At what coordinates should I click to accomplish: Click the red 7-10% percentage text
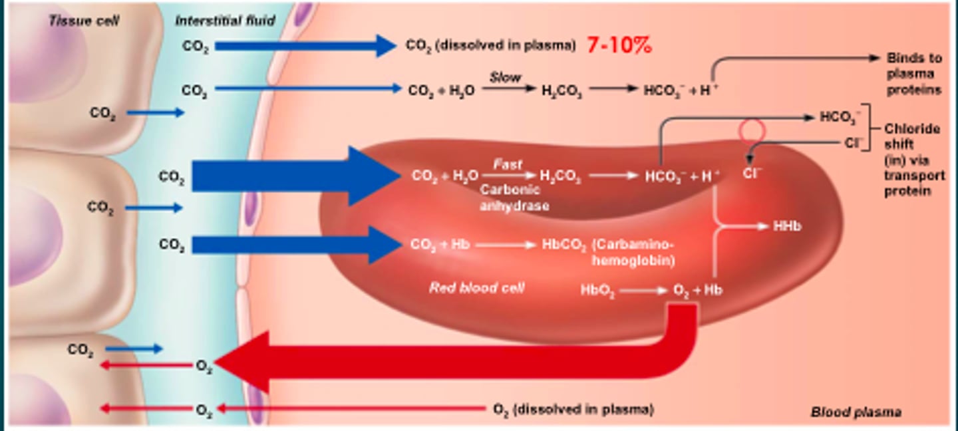click(x=619, y=45)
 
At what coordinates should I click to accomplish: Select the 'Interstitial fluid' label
click(x=225, y=21)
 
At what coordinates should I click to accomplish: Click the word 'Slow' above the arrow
click(x=505, y=77)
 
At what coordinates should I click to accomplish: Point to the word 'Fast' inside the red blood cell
click(x=508, y=164)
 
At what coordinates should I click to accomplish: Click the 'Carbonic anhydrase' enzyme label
click(x=514, y=198)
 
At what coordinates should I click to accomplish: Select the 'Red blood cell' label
click(x=476, y=287)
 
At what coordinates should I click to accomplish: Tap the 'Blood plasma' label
click(x=856, y=412)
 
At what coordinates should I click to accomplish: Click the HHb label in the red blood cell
click(x=787, y=226)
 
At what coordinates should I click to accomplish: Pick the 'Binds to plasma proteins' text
click(x=914, y=74)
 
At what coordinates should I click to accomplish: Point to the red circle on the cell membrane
click(x=751, y=131)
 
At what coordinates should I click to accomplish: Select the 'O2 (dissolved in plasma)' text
click(x=573, y=409)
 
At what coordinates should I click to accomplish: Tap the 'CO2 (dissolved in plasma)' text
click(x=490, y=45)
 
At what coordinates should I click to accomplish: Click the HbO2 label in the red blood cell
click(x=597, y=291)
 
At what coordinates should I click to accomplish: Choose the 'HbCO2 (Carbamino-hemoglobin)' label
click(x=607, y=251)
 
